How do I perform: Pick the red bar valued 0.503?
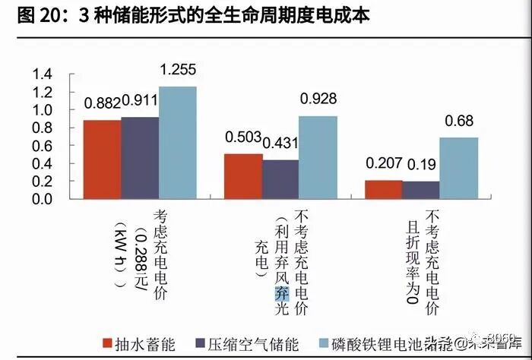pos(243,176)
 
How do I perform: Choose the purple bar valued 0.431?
pos(280,179)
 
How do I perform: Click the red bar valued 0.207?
pos(383,189)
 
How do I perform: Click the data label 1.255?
pos(178,70)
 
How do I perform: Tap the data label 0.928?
pos(318,99)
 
